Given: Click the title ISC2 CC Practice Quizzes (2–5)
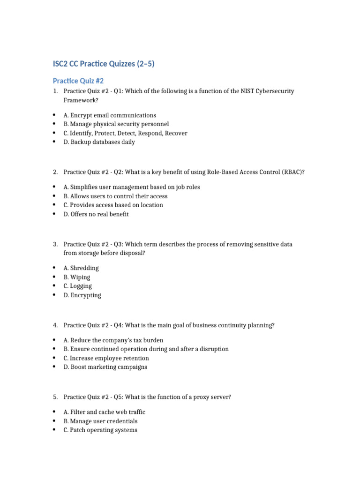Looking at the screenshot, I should pos(104,64).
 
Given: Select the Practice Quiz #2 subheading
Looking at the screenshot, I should pos(78,81).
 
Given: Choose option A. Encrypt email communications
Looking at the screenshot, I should pos(110,115).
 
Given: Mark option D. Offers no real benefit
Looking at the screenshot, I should pos(96,214).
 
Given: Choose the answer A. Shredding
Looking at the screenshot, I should pos(81,268).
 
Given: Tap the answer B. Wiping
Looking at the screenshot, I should pos(77,277).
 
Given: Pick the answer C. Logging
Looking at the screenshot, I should pos(78,286).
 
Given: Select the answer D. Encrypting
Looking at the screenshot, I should pos(82,295).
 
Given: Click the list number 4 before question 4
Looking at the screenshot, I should pos(55,325).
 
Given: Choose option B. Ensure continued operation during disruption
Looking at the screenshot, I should pos(146,349).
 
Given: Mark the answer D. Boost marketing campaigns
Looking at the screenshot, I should pos(105,367).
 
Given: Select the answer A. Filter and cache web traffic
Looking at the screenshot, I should pos(105,412).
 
